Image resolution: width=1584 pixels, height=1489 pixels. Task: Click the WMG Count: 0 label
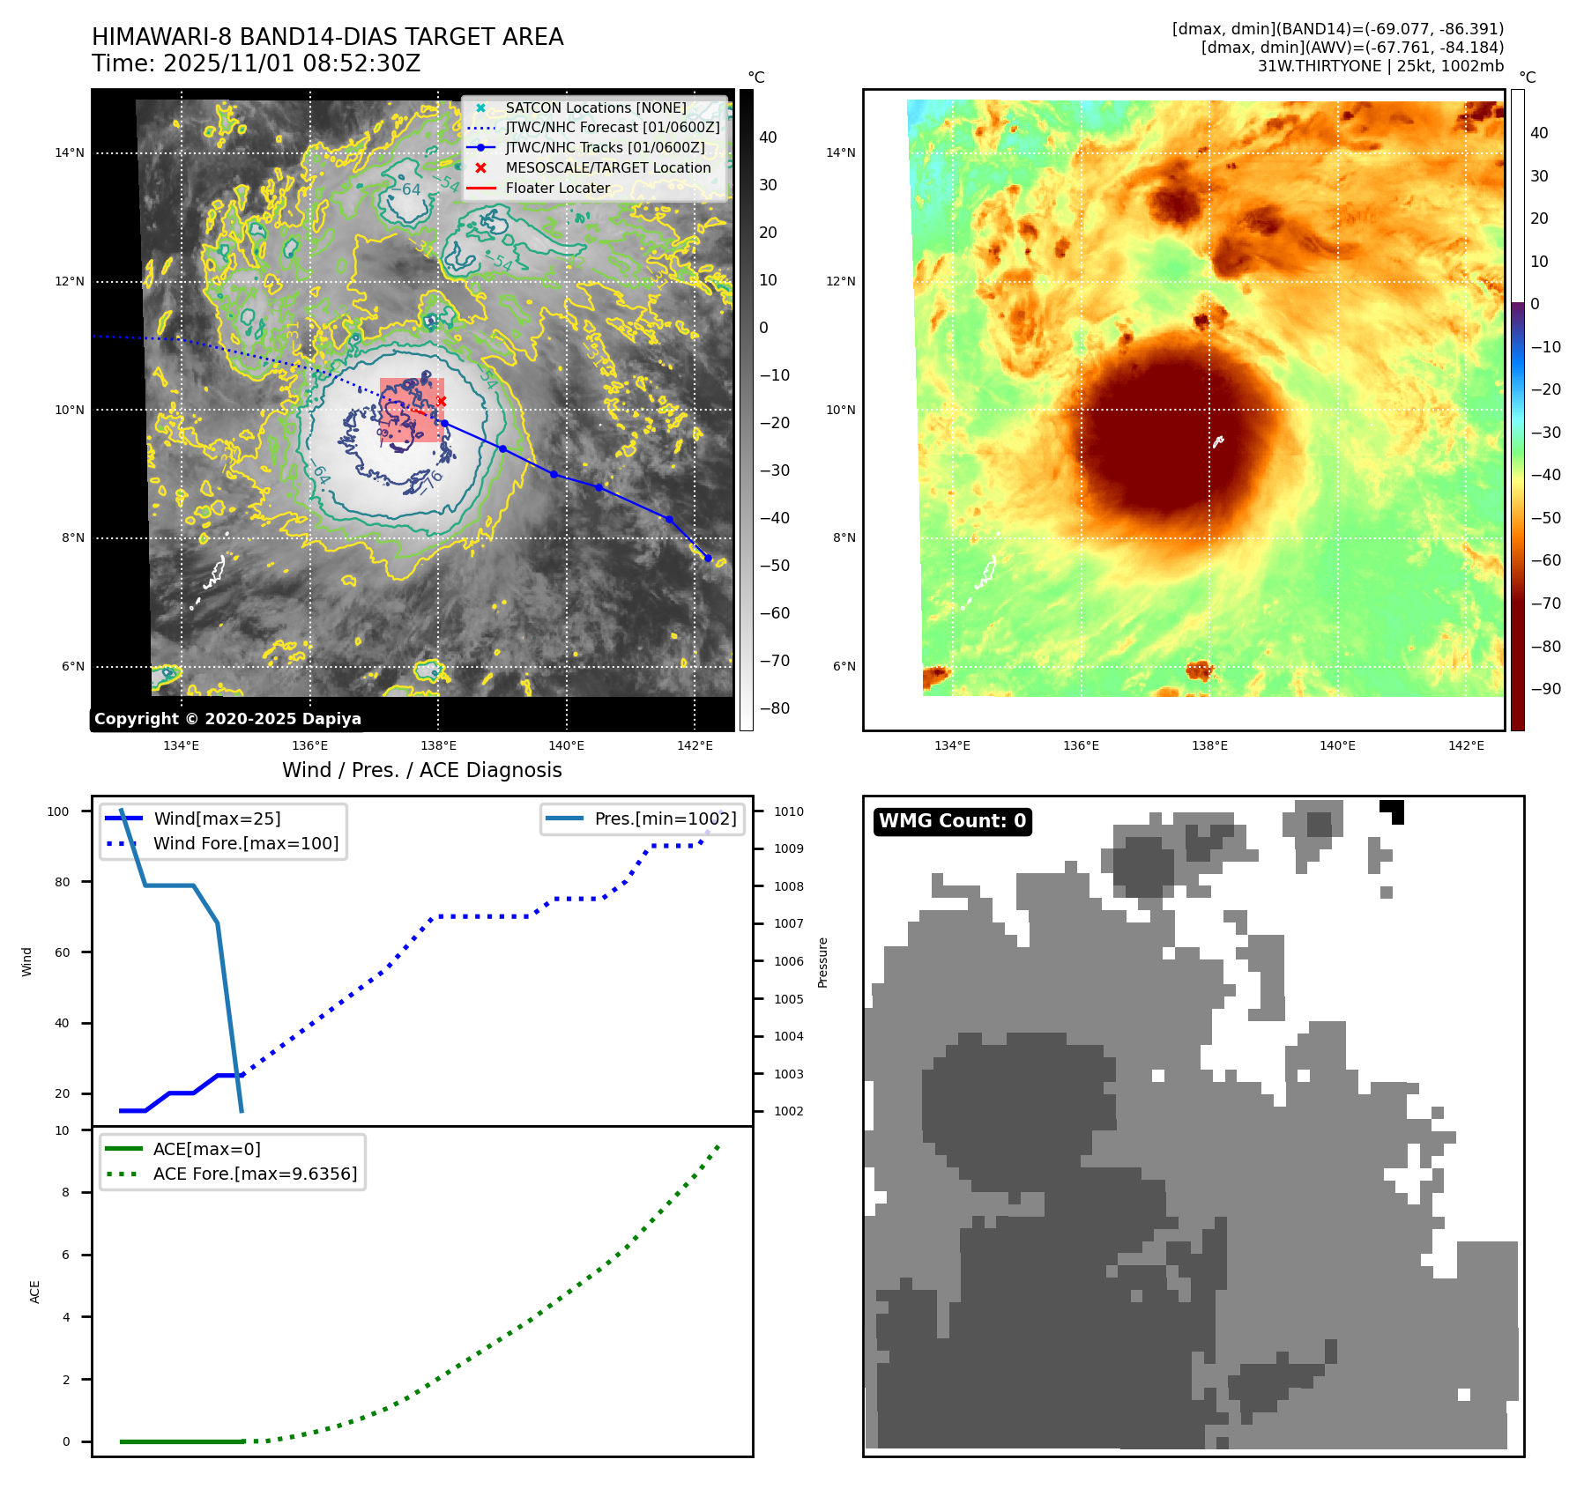pos(952,821)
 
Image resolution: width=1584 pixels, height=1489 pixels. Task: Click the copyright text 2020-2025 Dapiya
pos(227,719)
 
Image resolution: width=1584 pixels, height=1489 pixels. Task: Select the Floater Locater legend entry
pos(557,188)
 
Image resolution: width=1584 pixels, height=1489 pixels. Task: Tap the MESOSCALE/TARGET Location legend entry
pos(607,167)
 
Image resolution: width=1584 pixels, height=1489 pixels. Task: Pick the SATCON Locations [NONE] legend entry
pos(595,107)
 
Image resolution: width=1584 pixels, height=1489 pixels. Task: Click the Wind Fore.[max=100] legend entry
pos(245,843)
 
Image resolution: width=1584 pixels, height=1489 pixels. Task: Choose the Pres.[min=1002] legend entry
pos(665,819)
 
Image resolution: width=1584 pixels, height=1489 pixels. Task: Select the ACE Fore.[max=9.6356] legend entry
pos(255,1174)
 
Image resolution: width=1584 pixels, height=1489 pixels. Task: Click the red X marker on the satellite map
pos(442,402)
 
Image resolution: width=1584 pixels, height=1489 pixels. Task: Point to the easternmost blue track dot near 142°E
pos(708,558)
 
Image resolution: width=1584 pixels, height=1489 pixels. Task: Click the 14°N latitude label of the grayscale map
pos(70,152)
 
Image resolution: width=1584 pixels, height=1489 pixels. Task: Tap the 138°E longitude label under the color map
pos(1209,745)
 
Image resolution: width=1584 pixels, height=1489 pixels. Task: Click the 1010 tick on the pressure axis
pos(789,811)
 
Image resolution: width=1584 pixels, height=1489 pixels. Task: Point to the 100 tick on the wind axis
pos(58,811)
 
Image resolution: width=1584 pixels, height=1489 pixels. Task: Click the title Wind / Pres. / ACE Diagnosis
pos(421,770)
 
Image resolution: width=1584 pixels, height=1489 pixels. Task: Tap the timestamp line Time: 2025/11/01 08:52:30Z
pos(256,63)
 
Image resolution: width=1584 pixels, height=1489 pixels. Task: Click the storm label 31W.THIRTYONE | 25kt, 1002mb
pos(1379,66)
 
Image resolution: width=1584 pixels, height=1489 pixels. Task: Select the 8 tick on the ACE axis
pos(65,1192)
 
